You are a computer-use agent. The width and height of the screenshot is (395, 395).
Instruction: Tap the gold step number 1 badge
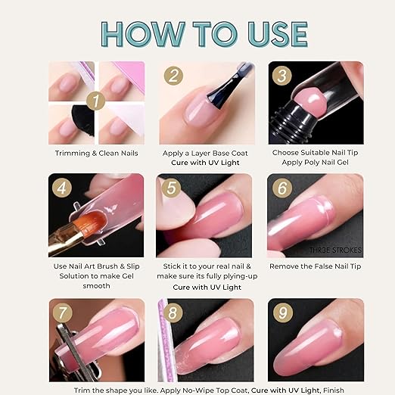[x=95, y=101]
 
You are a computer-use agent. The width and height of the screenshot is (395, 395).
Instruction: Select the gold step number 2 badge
[x=173, y=76]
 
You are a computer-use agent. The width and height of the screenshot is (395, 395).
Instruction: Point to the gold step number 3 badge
[x=282, y=76]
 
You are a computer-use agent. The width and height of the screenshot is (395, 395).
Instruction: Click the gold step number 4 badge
[x=62, y=188]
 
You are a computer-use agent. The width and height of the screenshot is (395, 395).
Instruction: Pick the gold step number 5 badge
[x=171, y=188]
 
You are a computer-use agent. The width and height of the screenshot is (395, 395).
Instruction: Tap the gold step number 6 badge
[x=282, y=188]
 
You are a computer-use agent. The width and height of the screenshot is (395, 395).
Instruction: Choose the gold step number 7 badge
[x=62, y=313]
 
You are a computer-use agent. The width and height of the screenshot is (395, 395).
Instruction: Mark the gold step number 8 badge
[x=173, y=313]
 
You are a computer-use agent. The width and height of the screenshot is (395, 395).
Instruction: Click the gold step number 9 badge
[x=283, y=313]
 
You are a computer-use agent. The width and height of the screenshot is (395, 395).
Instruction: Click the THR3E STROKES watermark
[x=335, y=250]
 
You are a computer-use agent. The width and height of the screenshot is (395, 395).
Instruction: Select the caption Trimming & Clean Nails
[x=97, y=154]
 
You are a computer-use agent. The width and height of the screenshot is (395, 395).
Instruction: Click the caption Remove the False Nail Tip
[x=316, y=266]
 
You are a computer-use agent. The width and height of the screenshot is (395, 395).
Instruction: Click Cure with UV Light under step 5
[x=207, y=288]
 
